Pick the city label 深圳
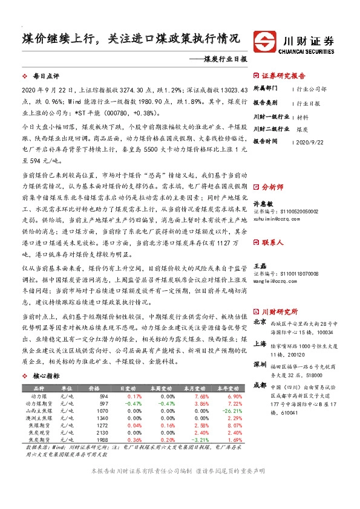coord(260,365)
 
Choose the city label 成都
coord(260,385)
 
